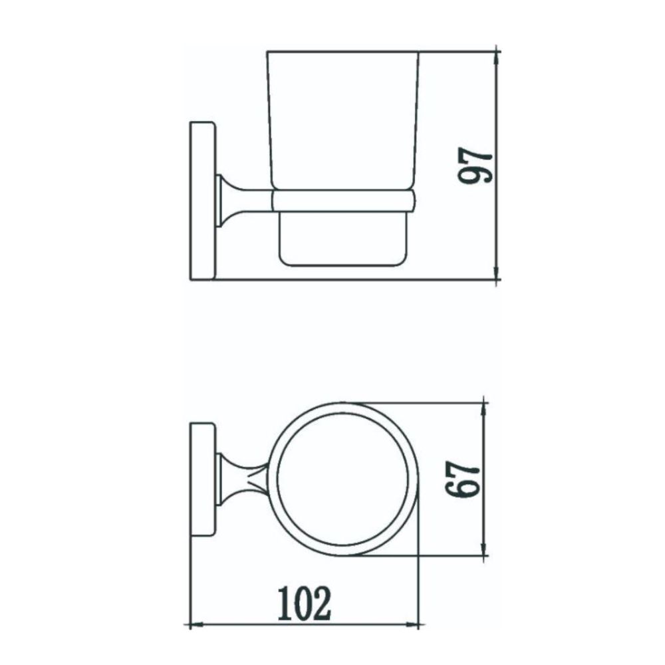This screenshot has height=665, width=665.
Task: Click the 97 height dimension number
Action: pyautogui.click(x=477, y=166)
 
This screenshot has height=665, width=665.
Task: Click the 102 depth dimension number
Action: pyautogui.click(x=303, y=603)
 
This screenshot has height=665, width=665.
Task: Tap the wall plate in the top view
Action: pyautogui.click(x=202, y=479)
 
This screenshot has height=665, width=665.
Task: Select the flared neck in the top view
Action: pyautogui.click(x=236, y=479)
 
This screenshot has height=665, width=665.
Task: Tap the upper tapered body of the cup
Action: pyautogui.click(x=343, y=120)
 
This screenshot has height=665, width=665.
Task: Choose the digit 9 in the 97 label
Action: pyautogui.click(x=477, y=176)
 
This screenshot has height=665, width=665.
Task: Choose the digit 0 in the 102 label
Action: pyautogui.click(x=303, y=603)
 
